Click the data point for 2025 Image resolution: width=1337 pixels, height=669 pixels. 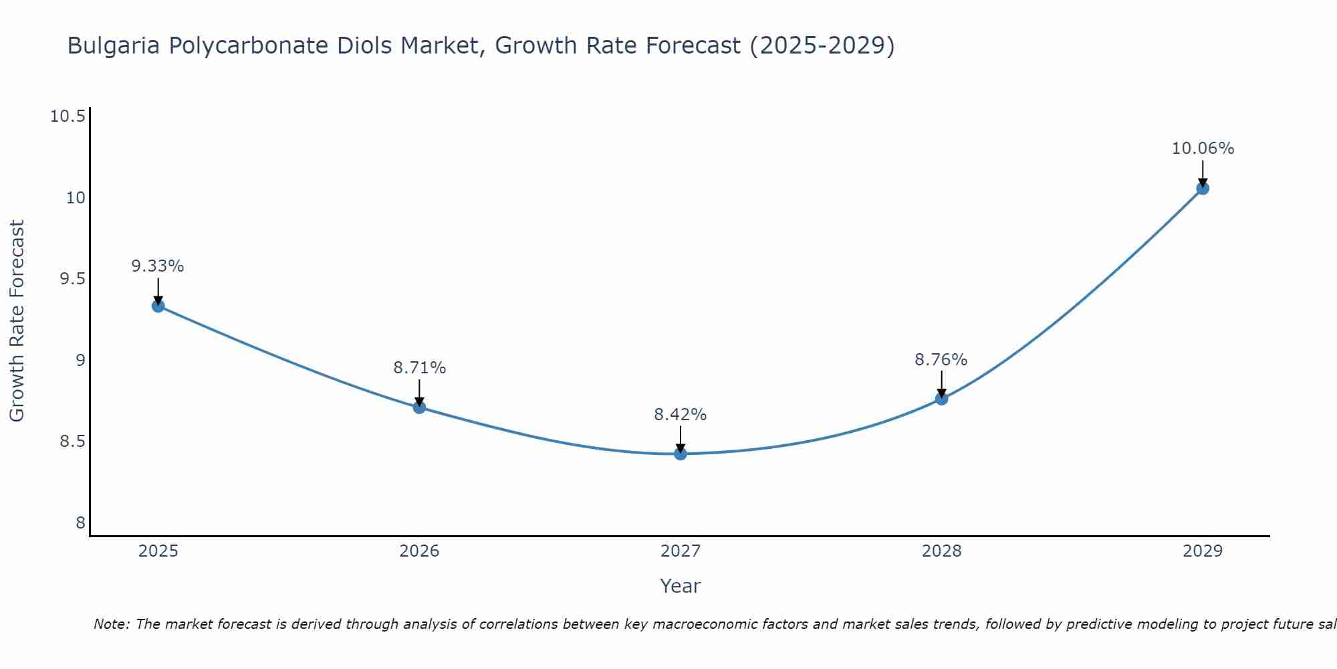(158, 306)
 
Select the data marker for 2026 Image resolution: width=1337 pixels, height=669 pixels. (419, 407)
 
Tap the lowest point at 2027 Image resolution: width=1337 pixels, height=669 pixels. (681, 454)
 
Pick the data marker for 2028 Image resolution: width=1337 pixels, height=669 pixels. (941, 399)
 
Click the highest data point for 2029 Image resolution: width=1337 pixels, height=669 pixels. (1203, 188)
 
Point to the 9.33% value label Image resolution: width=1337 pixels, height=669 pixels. (158, 266)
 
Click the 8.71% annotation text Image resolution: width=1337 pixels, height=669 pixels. (419, 368)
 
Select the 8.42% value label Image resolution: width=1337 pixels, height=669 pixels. (681, 415)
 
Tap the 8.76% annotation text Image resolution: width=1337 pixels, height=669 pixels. (941, 360)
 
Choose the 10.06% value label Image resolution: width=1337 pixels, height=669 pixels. (1203, 149)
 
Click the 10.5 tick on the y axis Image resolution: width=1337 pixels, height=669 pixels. (68, 116)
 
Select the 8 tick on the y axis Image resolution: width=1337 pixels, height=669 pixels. (80, 522)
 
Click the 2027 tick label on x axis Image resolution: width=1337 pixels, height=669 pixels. (681, 551)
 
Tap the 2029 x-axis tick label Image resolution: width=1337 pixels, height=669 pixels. (1203, 551)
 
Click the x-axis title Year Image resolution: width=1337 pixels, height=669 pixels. (681, 586)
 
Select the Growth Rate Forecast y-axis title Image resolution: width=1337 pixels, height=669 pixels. (17, 321)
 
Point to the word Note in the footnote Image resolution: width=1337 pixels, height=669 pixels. (111, 624)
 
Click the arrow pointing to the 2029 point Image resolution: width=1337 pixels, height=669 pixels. (1203, 173)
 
